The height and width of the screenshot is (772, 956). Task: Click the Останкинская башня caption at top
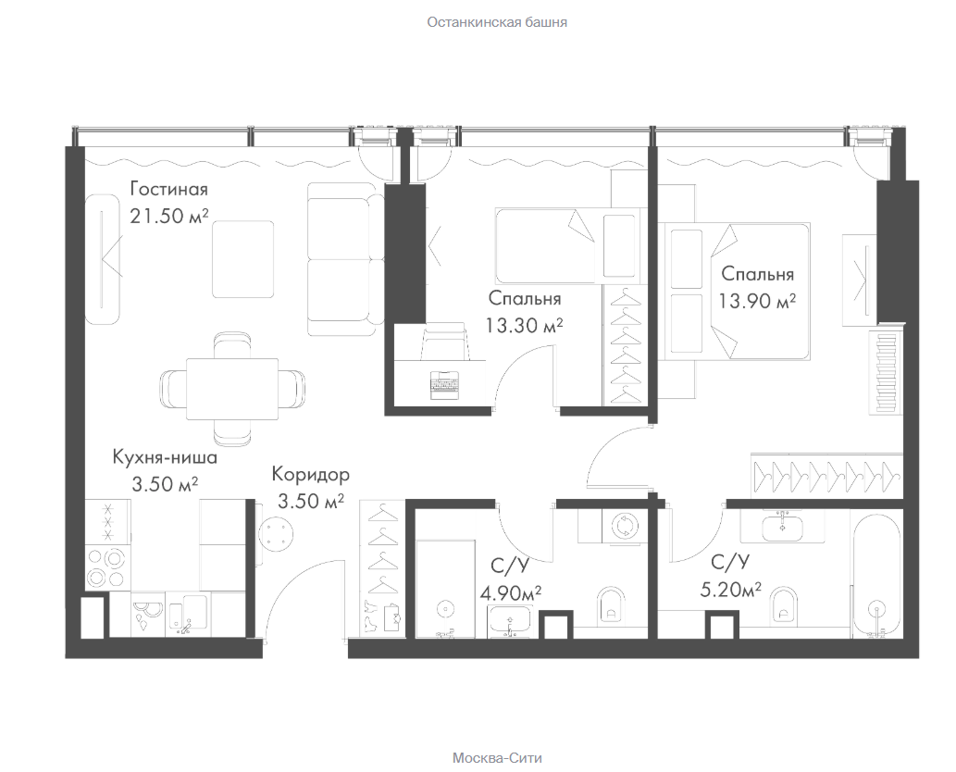(497, 22)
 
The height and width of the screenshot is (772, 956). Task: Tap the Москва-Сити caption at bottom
(497, 758)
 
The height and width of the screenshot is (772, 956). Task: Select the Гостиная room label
(168, 189)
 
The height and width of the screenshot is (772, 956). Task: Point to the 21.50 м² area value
(168, 216)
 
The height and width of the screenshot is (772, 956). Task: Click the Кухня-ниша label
(165, 456)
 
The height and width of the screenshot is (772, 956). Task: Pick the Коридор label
(310, 474)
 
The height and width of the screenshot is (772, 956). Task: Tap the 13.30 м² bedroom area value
(524, 325)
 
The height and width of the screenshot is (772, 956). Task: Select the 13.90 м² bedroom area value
(757, 301)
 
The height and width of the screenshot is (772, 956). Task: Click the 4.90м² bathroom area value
(511, 592)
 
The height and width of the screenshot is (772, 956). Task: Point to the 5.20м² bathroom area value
(730, 589)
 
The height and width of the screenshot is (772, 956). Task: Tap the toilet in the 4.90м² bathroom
(610, 604)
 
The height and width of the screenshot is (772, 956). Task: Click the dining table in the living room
(231, 389)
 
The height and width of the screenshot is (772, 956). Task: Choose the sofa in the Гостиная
(343, 259)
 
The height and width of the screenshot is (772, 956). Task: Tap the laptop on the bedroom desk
(444, 385)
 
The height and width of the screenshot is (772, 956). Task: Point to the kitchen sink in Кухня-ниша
(187, 614)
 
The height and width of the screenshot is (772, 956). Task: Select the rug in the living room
(242, 259)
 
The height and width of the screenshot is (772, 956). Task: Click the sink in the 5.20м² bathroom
(782, 527)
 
